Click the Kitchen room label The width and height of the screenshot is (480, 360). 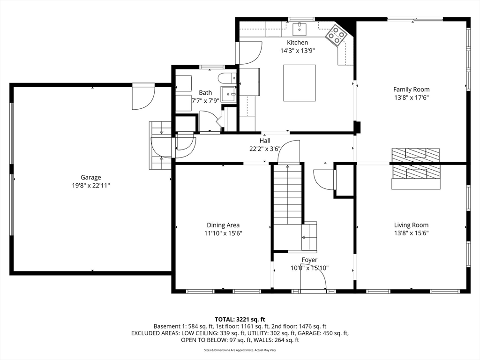[x=297, y=43]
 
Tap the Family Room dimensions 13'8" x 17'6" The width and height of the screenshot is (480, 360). [x=411, y=97]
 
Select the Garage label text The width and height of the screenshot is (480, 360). [x=90, y=177]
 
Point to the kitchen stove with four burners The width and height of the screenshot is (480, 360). [x=336, y=34]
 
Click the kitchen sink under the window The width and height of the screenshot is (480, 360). [x=300, y=30]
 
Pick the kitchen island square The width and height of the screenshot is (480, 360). [x=300, y=82]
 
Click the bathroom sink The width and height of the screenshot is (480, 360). [x=228, y=94]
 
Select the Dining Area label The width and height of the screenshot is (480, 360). [x=223, y=225]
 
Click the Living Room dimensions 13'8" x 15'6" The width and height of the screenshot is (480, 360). [x=411, y=233]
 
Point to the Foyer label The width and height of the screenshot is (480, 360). [x=309, y=260]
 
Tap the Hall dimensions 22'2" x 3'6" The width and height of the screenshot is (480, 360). [x=265, y=149]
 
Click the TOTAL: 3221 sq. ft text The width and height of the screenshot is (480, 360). [x=240, y=320]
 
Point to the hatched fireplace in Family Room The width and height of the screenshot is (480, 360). [x=416, y=155]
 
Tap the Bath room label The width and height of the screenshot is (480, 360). [x=205, y=92]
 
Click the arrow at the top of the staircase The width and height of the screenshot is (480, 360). [x=287, y=167]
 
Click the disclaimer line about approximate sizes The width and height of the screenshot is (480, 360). [x=240, y=350]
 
